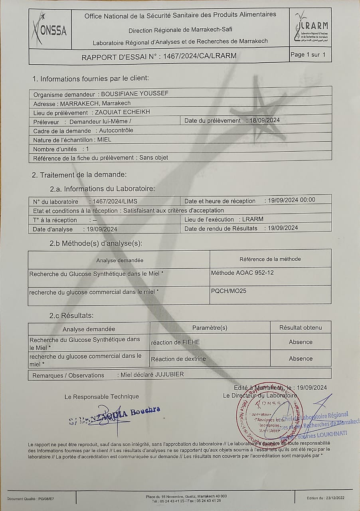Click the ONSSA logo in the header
point(49,28)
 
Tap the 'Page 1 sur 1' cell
point(311,55)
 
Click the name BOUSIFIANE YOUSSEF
point(135,94)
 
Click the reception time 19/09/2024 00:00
point(291,200)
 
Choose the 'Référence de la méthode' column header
point(270,259)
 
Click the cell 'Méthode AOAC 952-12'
point(242,273)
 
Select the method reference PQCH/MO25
point(229,291)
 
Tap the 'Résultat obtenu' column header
point(300,328)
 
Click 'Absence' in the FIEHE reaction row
point(301,342)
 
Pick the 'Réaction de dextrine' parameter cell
point(178,359)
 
